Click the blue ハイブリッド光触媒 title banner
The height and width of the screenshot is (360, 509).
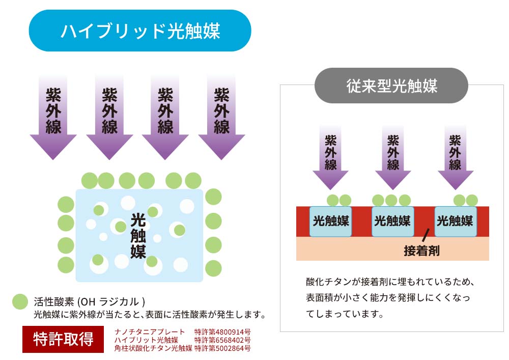click(x=140, y=31)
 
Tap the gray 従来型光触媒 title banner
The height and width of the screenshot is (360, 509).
click(x=391, y=86)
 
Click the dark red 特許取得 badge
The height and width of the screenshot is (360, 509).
click(x=63, y=339)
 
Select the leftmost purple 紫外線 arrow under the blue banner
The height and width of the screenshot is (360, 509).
click(x=53, y=117)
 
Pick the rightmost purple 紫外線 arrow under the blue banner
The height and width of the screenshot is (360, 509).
click(x=221, y=117)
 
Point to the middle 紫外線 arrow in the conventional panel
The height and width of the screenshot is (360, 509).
click(x=393, y=157)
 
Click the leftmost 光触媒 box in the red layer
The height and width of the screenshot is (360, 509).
click(x=330, y=221)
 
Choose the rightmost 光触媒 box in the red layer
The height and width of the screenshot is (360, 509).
click(x=455, y=221)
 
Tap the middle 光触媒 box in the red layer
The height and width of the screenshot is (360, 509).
click(x=393, y=221)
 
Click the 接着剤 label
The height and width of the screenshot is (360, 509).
click(x=421, y=251)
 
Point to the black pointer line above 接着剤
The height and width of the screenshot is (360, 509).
click(x=426, y=235)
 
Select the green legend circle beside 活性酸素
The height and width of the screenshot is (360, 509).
click(x=20, y=301)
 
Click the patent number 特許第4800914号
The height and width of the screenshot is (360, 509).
click(x=222, y=332)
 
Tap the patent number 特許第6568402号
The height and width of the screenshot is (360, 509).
click(x=222, y=340)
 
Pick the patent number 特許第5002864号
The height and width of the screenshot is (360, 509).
click(x=222, y=348)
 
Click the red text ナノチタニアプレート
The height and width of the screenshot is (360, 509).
click(x=150, y=332)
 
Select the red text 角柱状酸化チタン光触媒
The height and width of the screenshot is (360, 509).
click(x=153, y=348)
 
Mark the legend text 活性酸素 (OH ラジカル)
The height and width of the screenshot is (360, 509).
click(x=89, y=302)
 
